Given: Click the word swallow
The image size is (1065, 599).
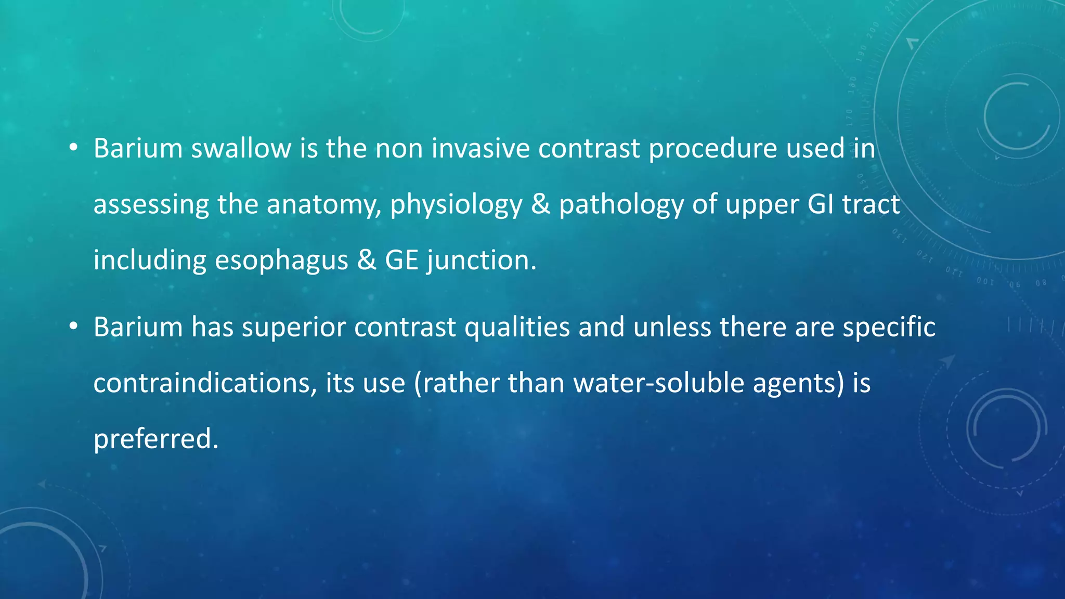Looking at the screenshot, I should pyautogui.click(x=241, y=149).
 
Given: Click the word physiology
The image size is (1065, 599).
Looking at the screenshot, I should pyautogui.click(x=456, y=205).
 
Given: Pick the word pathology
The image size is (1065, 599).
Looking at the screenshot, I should pyautogui.click(x=621, y=205).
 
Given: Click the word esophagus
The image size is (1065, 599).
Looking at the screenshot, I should pyautogui.click(x=281, y=261).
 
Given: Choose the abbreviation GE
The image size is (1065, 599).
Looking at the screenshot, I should pyautogui.click(x=401, y=260).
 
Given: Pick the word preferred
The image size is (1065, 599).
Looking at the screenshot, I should pyautogui.click(x=155, y=439).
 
